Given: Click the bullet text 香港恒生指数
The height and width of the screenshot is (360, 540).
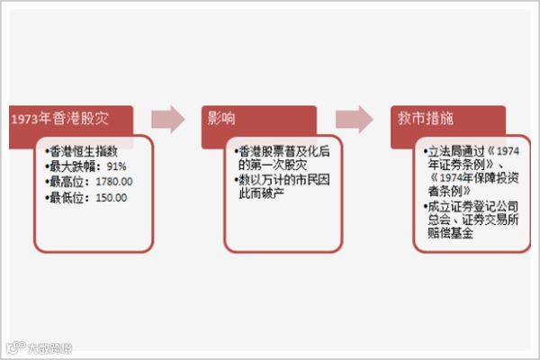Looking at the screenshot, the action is (x=87, y=152).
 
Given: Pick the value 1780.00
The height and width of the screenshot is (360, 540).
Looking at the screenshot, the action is (x=112, y=182).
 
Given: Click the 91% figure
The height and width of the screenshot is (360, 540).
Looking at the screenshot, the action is (x=116, y=166).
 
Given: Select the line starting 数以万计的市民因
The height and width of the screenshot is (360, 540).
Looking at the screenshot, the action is (x=277, y=181).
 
